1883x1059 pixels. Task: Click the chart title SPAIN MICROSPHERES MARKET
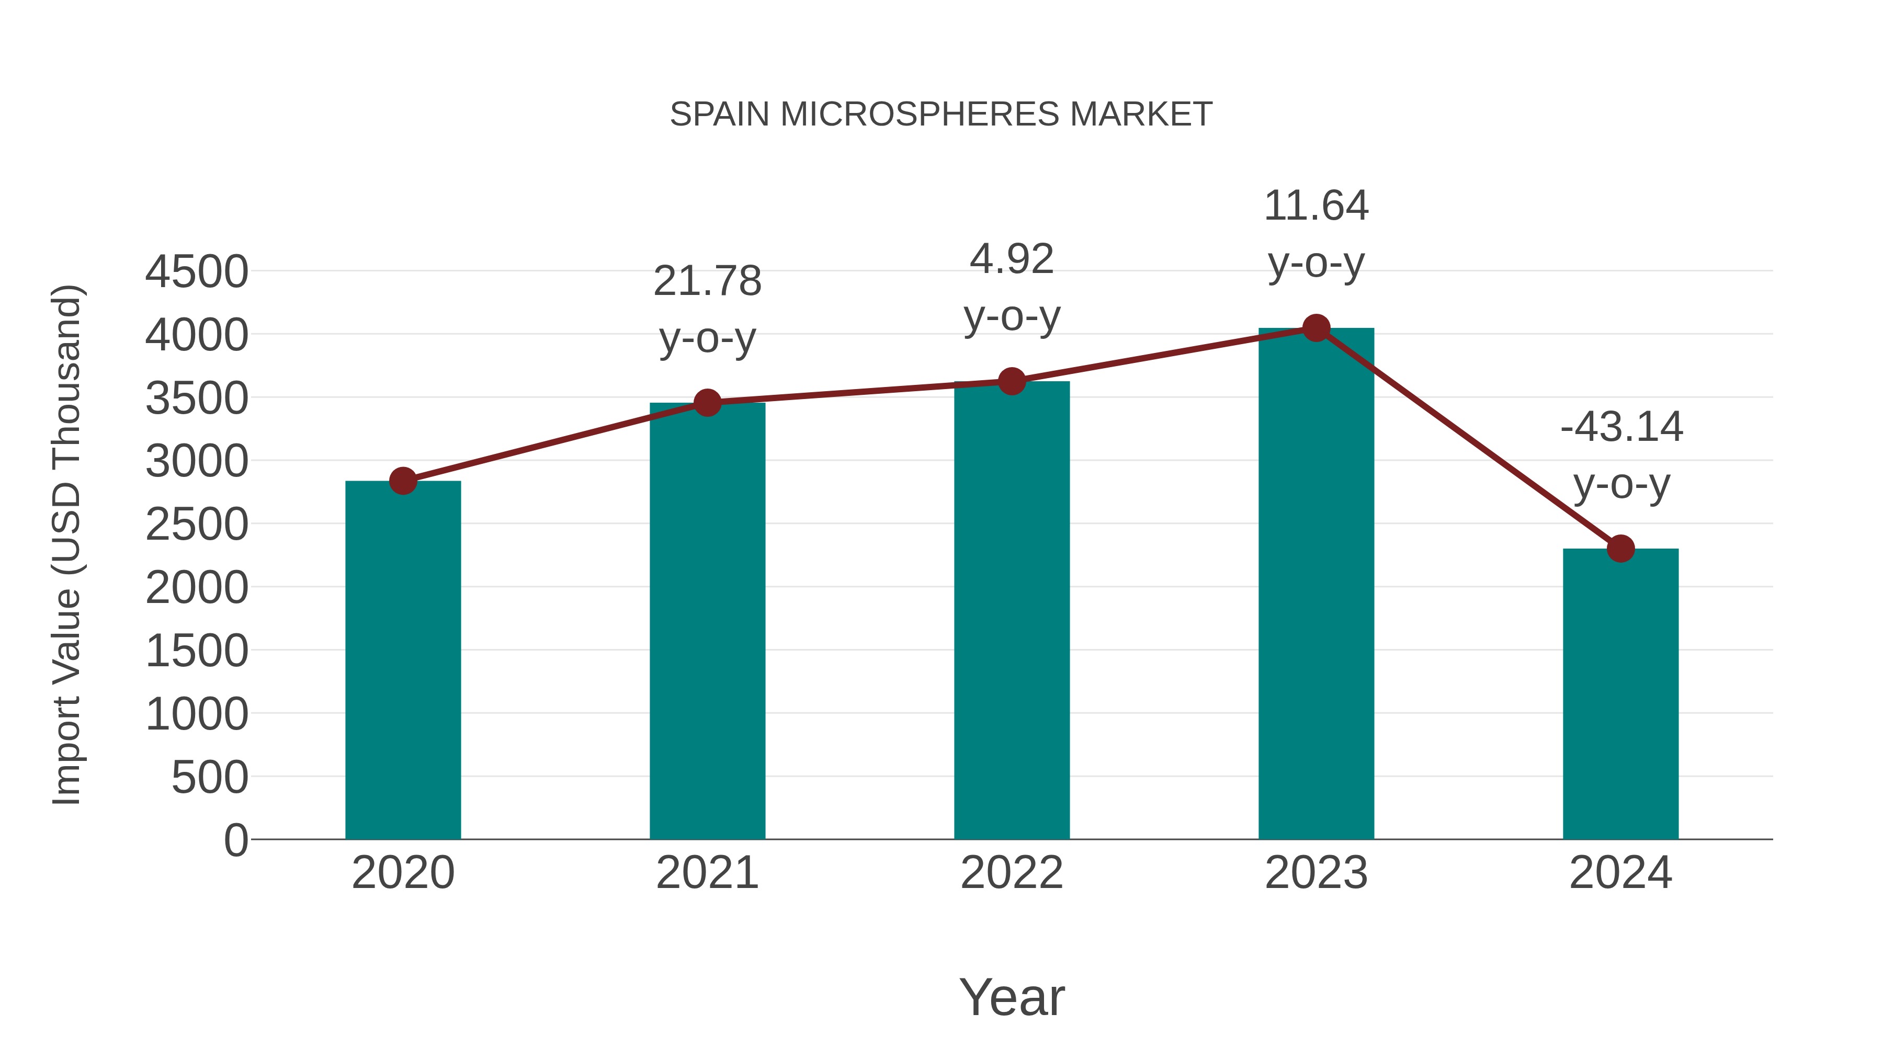coord(941,115)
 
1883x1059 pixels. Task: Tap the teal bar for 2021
coord(707,621)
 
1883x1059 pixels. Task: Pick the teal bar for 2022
coord(1012,610)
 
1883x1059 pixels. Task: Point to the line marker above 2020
coord(403,481)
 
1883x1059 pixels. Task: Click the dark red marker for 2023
coord(1316,328)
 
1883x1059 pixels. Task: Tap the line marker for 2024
coord(1620,548)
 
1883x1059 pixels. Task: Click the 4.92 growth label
coord(1012,287)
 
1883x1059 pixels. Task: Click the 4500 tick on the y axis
coord(197,272)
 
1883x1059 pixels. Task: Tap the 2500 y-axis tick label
coord(197,525)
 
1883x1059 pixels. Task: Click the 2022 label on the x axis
coord(1012,873)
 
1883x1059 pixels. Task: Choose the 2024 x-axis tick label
coord(1620,873)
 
